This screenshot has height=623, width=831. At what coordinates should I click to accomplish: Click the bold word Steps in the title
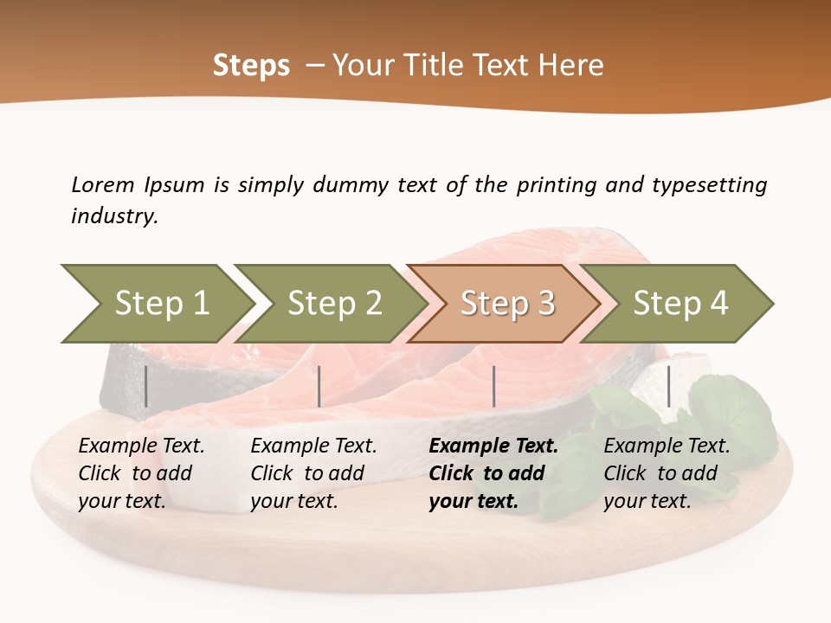coord(251,66)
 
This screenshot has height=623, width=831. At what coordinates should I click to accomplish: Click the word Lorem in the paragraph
coord(102,185)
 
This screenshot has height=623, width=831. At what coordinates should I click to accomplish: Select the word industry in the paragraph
coord(114,216)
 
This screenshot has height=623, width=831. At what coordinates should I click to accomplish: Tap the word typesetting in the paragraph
coord(709,185)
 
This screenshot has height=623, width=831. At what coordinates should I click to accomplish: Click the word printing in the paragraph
coord(555,185)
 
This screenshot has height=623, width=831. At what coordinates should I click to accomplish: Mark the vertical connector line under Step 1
coord(146,386)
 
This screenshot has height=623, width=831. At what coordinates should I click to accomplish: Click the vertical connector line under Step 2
coord(319,386)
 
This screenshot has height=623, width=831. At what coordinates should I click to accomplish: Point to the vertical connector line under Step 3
coord(494,386)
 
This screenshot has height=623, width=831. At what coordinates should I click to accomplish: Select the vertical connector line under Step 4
coord(668,386)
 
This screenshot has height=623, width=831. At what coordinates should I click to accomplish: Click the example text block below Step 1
coord(141,473)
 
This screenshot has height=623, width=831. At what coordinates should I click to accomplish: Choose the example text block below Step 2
coord(313,473)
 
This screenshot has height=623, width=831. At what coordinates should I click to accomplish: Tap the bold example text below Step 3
coord(493,473)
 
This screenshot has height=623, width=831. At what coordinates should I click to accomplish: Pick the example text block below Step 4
coord(667,473)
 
